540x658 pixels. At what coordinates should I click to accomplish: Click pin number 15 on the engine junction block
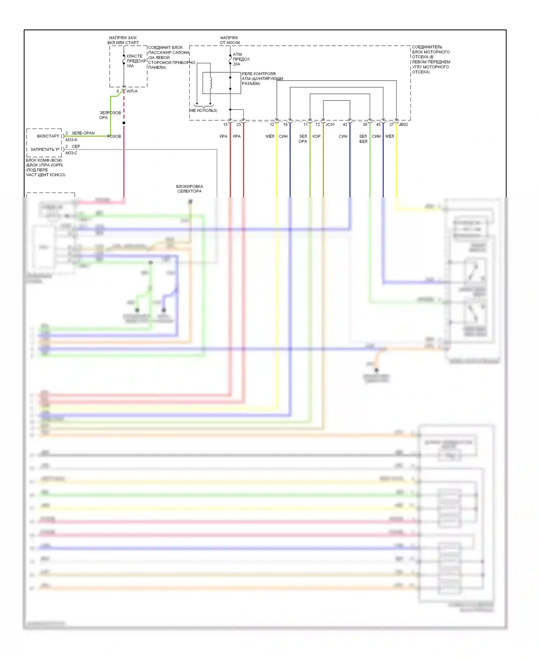[x=225, y=125]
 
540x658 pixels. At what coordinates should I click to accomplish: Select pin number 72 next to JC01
[x=318, y=125]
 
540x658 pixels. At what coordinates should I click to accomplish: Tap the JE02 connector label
[x=404, y=125]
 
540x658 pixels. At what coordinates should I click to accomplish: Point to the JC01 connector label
[x=330, y=125]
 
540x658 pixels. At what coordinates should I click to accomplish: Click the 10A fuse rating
[x=130, y=66]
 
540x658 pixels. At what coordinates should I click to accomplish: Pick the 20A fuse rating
[x=237, y=64]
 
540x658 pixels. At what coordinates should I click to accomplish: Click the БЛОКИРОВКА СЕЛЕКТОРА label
[x=189, y=189]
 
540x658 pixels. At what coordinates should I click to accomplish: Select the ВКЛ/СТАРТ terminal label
[x=48, y=136]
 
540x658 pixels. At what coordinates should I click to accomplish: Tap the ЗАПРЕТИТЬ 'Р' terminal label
[x=45, y=149]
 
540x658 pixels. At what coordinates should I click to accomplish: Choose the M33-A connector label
[x=71, y=140]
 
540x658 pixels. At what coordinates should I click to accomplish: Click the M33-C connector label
[x=71, y=153]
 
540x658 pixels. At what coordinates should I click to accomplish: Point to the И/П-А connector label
[x=132, y=91]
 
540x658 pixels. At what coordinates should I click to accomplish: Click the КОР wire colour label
[x=316, y=136]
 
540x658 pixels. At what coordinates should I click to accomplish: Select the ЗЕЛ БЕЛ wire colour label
[x=363, y=139]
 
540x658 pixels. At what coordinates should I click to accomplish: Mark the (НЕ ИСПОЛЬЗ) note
[x=203, y=111]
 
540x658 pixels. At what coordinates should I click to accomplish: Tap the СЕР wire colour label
[x=76, y=147]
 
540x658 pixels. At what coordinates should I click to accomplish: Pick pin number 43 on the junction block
[x=345, y=125]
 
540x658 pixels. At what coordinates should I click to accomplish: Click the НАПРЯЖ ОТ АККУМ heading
[x=230, y=40]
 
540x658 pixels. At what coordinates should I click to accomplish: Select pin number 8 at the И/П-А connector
[x=118, y=91]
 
